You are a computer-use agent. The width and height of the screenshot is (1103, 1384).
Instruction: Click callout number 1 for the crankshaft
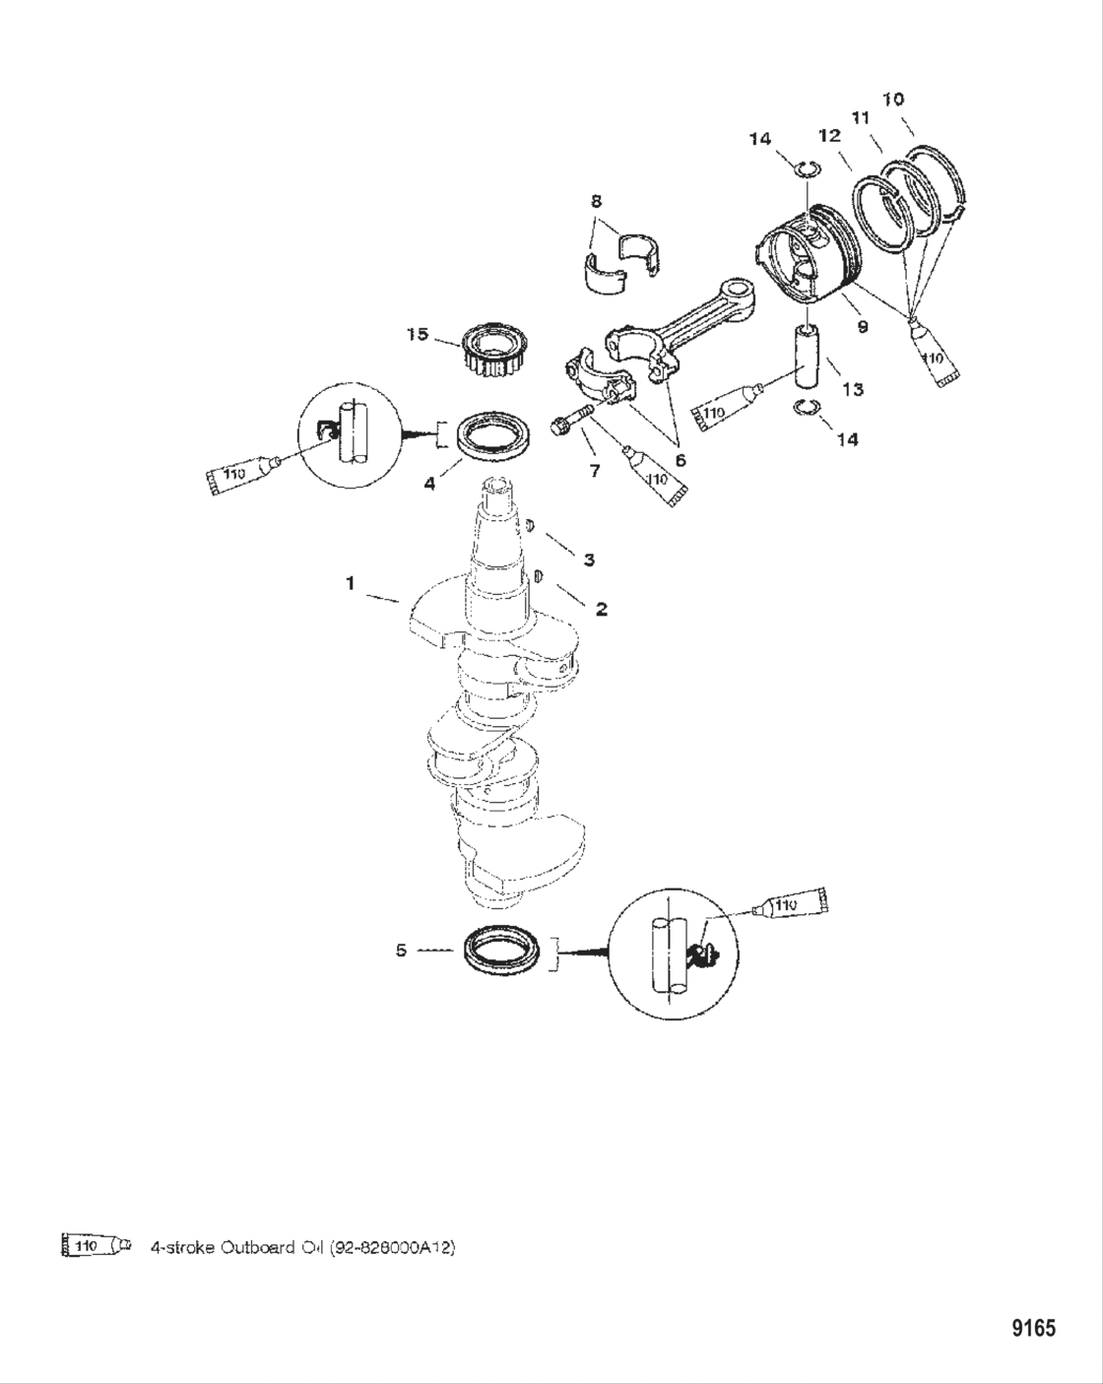tap(350, 583)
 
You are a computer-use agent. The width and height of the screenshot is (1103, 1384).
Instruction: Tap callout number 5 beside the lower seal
tap(401, 951)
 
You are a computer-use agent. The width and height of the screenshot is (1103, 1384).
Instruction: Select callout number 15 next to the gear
tap(418, 335)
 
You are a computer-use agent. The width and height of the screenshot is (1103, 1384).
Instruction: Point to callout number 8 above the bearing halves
tap(597, 201)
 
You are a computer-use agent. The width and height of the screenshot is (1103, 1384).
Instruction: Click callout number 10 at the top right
tap(893, 99)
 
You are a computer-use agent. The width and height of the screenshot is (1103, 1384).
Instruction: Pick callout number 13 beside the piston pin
tap(852, 389)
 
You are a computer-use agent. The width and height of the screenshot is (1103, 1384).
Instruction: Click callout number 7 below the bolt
tap(594, 471)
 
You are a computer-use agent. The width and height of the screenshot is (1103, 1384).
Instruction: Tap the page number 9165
tap(1033, 1328)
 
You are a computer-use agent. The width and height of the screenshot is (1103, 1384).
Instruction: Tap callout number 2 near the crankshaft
tap(600, 609)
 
